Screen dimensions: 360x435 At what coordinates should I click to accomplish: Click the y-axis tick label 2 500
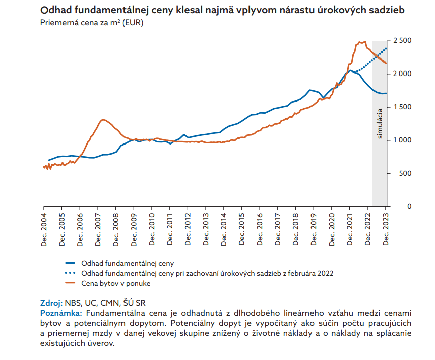pos(403,40)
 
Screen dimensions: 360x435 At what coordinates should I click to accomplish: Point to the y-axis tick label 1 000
pos(403,140)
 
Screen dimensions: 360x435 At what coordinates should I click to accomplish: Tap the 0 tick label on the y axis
pos(396,206)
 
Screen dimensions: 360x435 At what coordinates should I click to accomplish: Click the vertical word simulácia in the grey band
pos(380,123)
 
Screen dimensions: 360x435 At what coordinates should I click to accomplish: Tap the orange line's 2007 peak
pos(103,120)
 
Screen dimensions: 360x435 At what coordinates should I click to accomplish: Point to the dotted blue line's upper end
pos(386,48)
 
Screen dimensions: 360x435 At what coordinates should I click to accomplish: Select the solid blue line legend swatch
pos(72,263)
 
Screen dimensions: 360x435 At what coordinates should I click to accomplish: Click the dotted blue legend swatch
pos(72,273)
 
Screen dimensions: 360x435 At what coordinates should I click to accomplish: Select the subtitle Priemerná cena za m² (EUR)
pos(91,23)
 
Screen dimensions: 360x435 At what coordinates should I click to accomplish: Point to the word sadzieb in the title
pos(386,10)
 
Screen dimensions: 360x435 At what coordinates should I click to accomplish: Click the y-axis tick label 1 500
pos(403,107)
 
